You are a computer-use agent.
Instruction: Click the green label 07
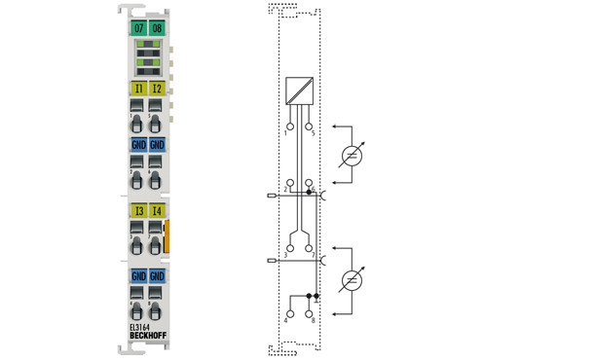(139, 27)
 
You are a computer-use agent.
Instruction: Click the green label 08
(157, 27)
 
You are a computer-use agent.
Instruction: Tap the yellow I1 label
(139, 90)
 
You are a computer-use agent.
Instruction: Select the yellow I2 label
(157, 90)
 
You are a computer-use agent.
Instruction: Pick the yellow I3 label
(139, 210)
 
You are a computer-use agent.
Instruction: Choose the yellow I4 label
(157, 210)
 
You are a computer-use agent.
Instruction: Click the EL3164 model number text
(141, 328)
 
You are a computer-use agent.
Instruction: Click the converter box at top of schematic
(299, 90)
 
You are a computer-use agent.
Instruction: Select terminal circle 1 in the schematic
(288, 126)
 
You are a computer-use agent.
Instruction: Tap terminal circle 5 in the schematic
(309, 126)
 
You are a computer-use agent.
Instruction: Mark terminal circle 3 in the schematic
(288, 247)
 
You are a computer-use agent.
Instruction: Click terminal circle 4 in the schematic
(288, 309)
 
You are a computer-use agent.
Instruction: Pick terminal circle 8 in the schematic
(309, 309)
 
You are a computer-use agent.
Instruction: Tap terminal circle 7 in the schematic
(309, 247)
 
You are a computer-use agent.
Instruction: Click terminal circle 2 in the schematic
(288, 184)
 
